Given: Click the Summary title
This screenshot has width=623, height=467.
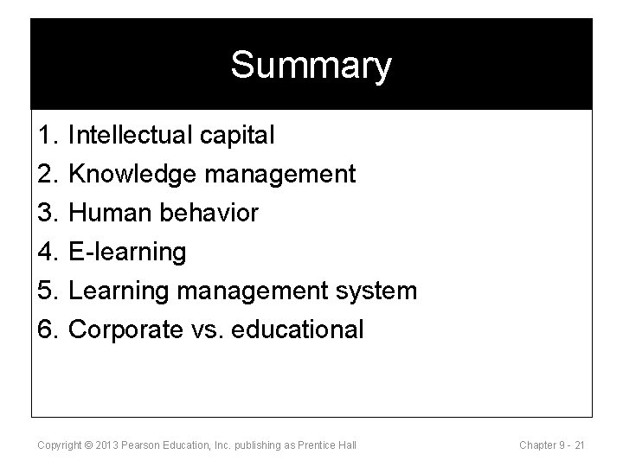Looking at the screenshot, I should [311, 66].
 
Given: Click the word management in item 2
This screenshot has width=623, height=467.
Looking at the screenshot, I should [279, 174].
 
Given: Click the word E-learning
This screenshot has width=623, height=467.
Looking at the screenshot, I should [127, 252].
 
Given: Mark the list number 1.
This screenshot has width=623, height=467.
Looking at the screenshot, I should [47, 135].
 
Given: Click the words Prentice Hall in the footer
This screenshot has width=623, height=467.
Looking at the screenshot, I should [327, 445].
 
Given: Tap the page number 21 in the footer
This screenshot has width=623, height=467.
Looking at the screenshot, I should [579, 445].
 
